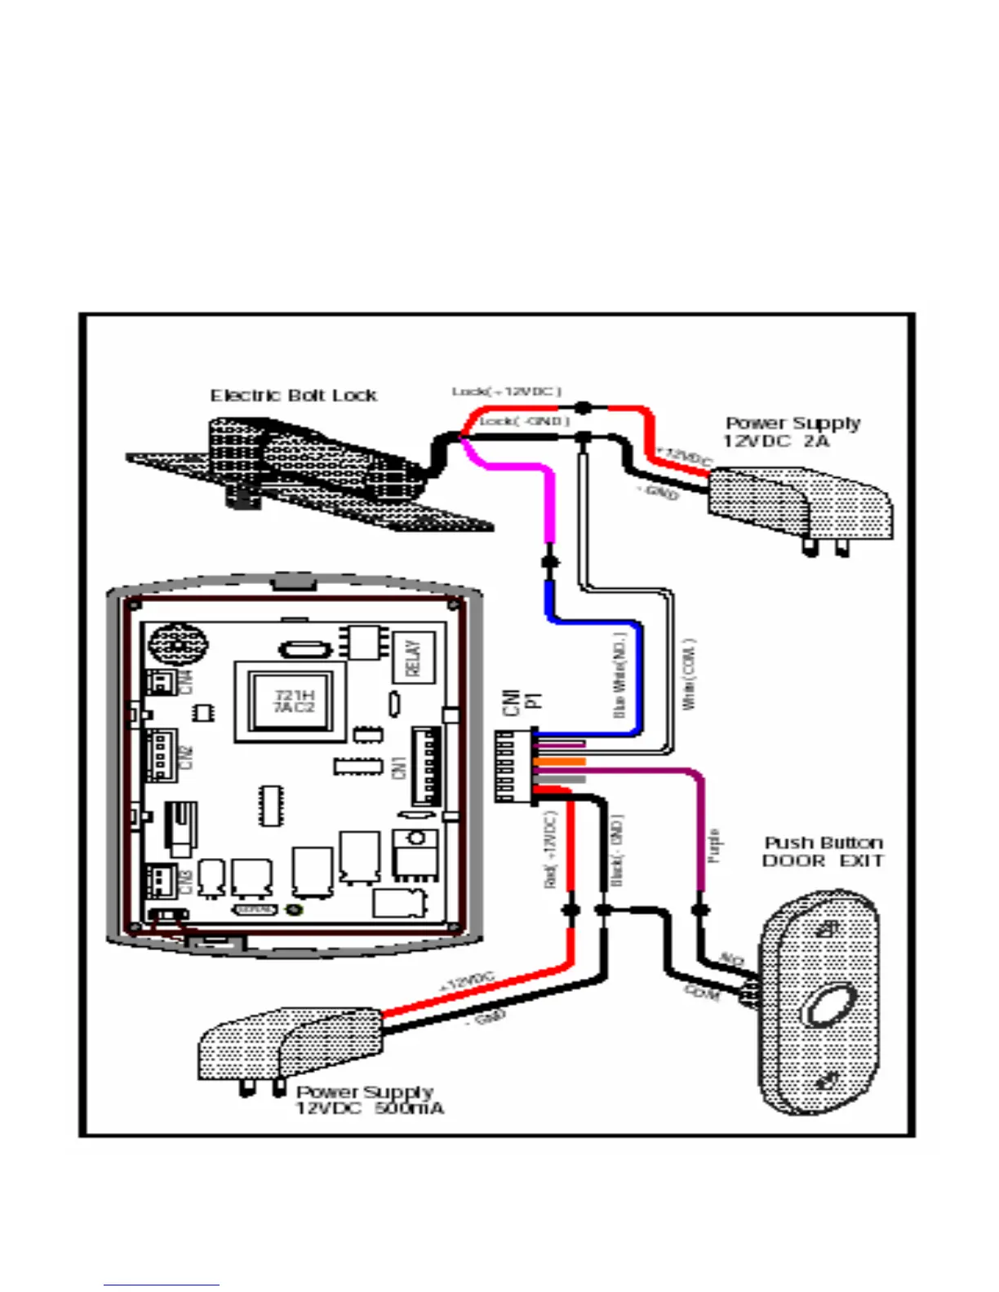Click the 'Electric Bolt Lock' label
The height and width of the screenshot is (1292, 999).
coord(293,396)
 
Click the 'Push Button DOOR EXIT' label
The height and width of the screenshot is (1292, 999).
coord(823,852)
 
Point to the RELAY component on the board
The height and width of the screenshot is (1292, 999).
coord(413,658)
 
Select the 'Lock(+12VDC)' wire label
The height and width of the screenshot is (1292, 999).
coord(507,392)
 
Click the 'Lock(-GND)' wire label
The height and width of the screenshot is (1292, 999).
coord(524,421)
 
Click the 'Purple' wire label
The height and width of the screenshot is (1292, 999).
coord(714,845)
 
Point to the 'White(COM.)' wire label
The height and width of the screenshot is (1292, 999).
coord(690,674)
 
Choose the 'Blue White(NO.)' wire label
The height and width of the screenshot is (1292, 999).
coord(619,676)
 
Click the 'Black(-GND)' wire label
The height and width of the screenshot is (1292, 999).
coord(617,850)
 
